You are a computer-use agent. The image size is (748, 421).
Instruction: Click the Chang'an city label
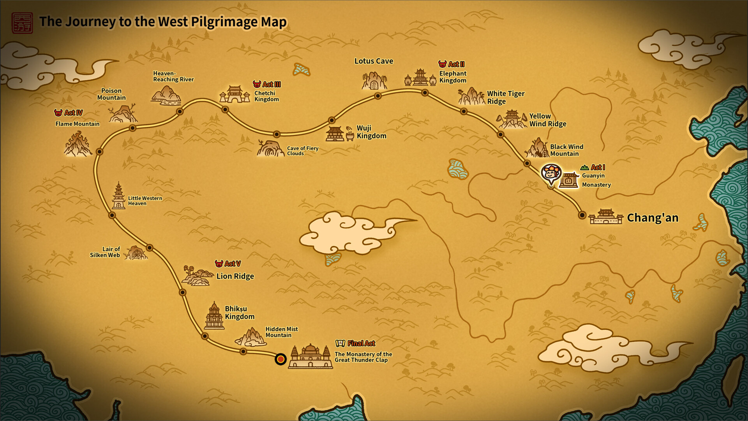[x=653, y=218]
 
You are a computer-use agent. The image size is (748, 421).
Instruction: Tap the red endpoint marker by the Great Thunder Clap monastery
[x=280, y=359]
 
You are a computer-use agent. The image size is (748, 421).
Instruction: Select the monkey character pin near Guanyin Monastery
[x=551, y=173]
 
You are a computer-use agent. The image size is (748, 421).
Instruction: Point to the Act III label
[x=267, y=84]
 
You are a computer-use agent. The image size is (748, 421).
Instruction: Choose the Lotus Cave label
[x=374, y=61]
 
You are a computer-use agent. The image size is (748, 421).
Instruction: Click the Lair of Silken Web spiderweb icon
[x=136, y=253]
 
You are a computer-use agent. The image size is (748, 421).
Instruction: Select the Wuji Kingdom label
[x=371, y=132]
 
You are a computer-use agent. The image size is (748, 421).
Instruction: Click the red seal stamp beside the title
[x=22, y=23]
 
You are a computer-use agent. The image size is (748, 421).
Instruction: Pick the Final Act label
[x=356, y=343]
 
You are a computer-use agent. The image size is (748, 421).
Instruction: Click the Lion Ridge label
[x=235, y=276]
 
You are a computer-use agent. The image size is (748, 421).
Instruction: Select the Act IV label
[x=69, y=113]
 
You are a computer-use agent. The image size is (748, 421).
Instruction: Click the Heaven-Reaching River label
[x=173, y=76]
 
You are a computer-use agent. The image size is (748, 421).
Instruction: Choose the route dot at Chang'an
[x=582, y=215]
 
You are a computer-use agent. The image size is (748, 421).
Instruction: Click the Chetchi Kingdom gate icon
[x=235, y=94]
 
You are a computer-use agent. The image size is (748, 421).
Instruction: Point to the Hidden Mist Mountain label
[x=281, y=332]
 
